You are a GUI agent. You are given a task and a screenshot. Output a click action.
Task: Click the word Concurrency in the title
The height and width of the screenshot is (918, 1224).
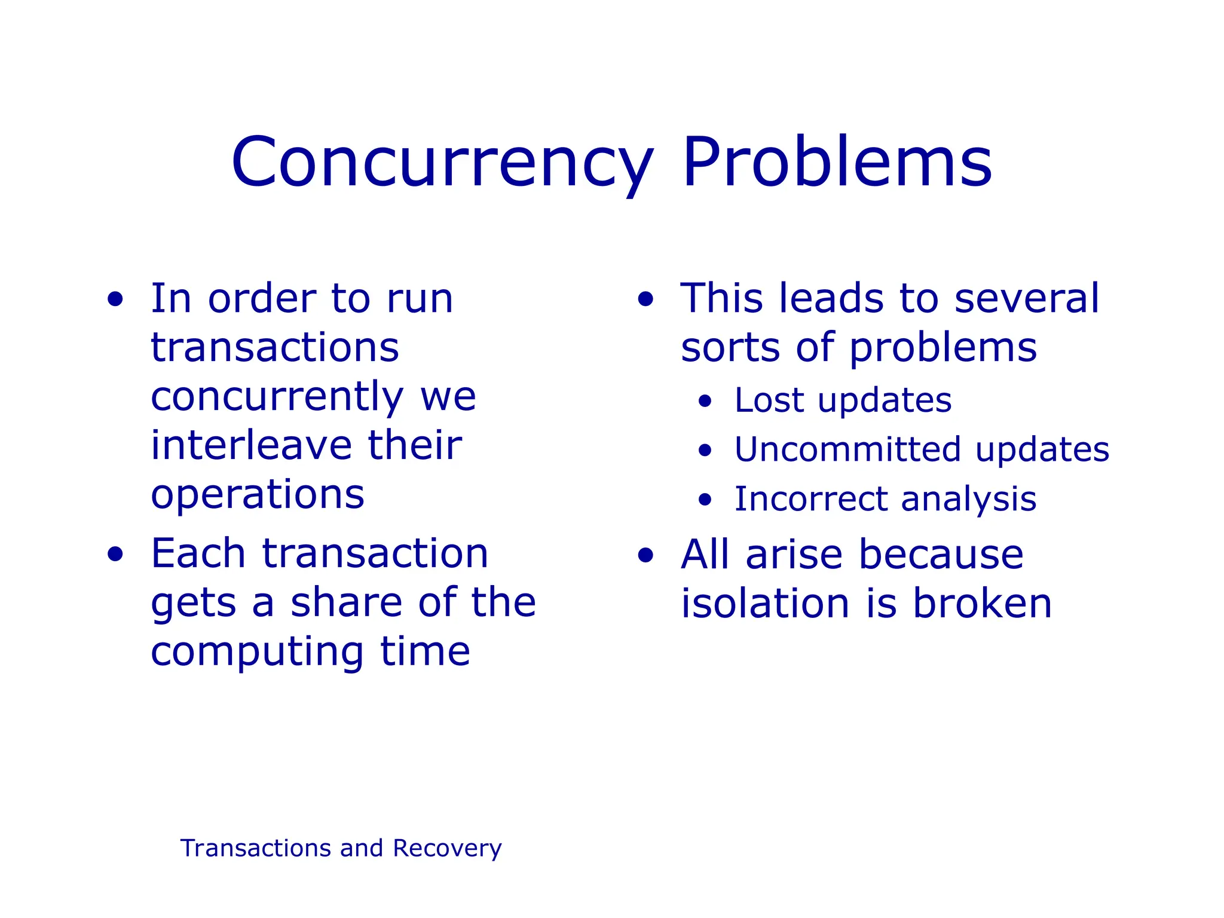tap(442, 163)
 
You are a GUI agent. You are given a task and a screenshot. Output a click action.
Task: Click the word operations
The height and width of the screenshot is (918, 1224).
tap(258, 495)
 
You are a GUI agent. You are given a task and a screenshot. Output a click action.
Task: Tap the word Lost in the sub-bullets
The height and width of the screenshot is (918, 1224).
tap(769, 400)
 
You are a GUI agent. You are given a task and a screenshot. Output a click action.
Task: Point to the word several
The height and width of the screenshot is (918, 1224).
tap(1026, 298)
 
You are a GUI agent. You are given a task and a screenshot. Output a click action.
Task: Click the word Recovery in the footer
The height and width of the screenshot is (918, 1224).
tap(447, 849)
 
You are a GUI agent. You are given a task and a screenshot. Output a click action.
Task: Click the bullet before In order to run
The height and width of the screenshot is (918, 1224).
tap(115, 299)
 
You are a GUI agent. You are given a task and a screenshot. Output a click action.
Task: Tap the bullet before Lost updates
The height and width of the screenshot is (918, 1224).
tap(705, 401)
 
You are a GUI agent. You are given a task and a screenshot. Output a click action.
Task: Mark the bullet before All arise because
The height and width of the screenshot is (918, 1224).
tap(645, 556)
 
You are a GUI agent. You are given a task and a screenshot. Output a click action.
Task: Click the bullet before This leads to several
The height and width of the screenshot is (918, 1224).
tap(645, 299)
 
